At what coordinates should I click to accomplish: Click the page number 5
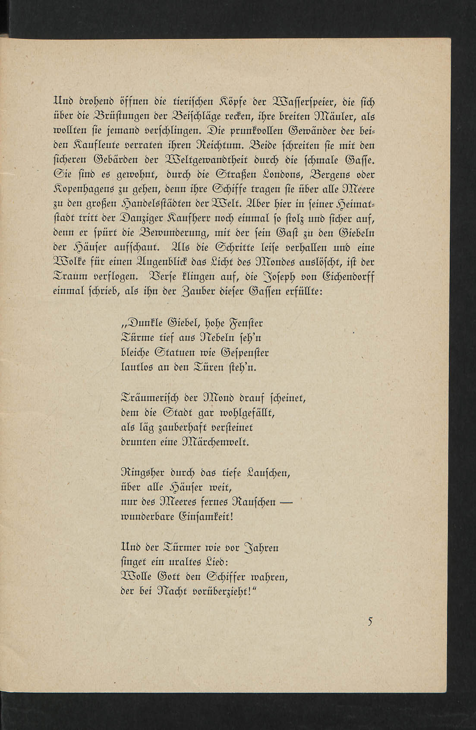pyautogui.click(x=370, y=621)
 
